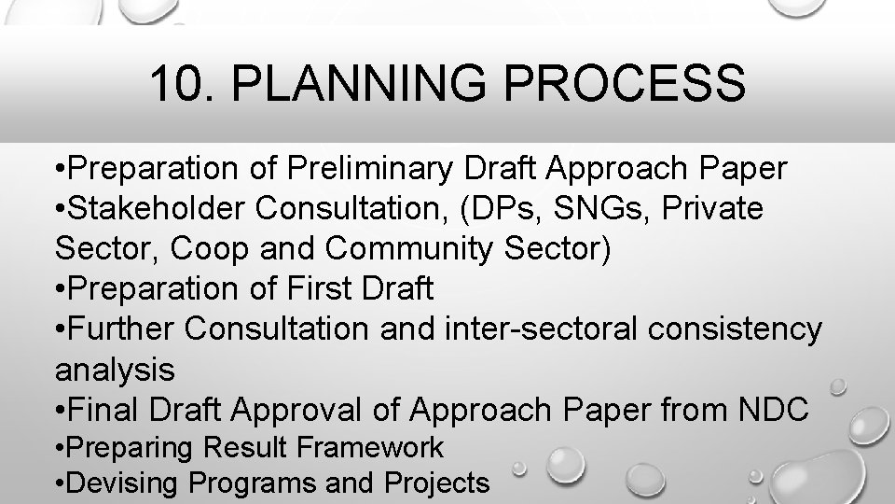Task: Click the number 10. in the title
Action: tap(181, 84)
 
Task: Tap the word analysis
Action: tap(115, 371)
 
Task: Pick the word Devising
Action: tap(126, 483)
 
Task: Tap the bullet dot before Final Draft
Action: tap(61, 410)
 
